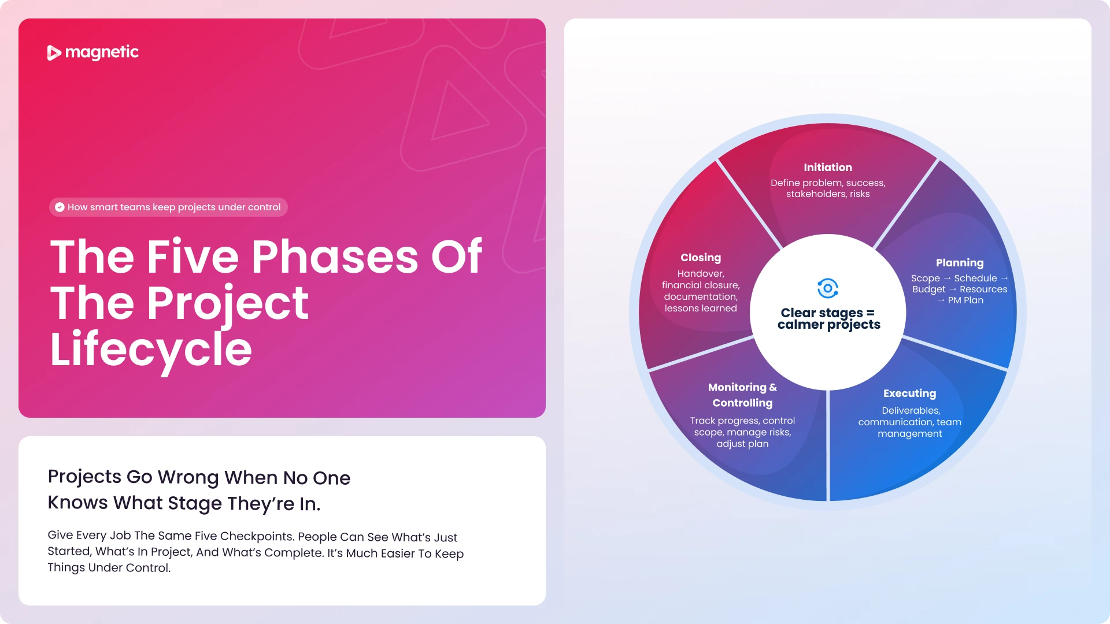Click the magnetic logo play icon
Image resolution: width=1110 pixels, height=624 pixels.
coord(54,53)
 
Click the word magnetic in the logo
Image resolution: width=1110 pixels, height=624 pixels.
coord(102,53)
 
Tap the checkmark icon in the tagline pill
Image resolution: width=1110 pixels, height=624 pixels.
coord(60,207)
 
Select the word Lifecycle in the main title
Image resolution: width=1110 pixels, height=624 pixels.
coord(151,350)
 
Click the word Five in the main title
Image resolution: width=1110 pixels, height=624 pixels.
coord(193,256)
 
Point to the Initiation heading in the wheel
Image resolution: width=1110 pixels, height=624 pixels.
coord(828,168)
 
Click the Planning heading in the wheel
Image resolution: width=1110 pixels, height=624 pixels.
coord(960,263)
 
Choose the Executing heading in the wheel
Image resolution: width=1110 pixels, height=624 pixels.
coord(909,393)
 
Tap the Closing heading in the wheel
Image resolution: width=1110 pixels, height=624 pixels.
coord(701,258)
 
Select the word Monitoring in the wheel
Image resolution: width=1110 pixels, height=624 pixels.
coord(737,387)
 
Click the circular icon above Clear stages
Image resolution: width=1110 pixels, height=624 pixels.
coord(828,288)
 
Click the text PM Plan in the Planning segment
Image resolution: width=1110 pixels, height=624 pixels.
coord(965,300)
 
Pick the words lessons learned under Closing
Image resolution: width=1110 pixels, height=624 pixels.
coord(701,309)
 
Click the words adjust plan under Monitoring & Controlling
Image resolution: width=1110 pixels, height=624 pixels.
coord(742,444)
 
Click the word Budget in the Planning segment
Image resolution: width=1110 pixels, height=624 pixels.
coord(929,289)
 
